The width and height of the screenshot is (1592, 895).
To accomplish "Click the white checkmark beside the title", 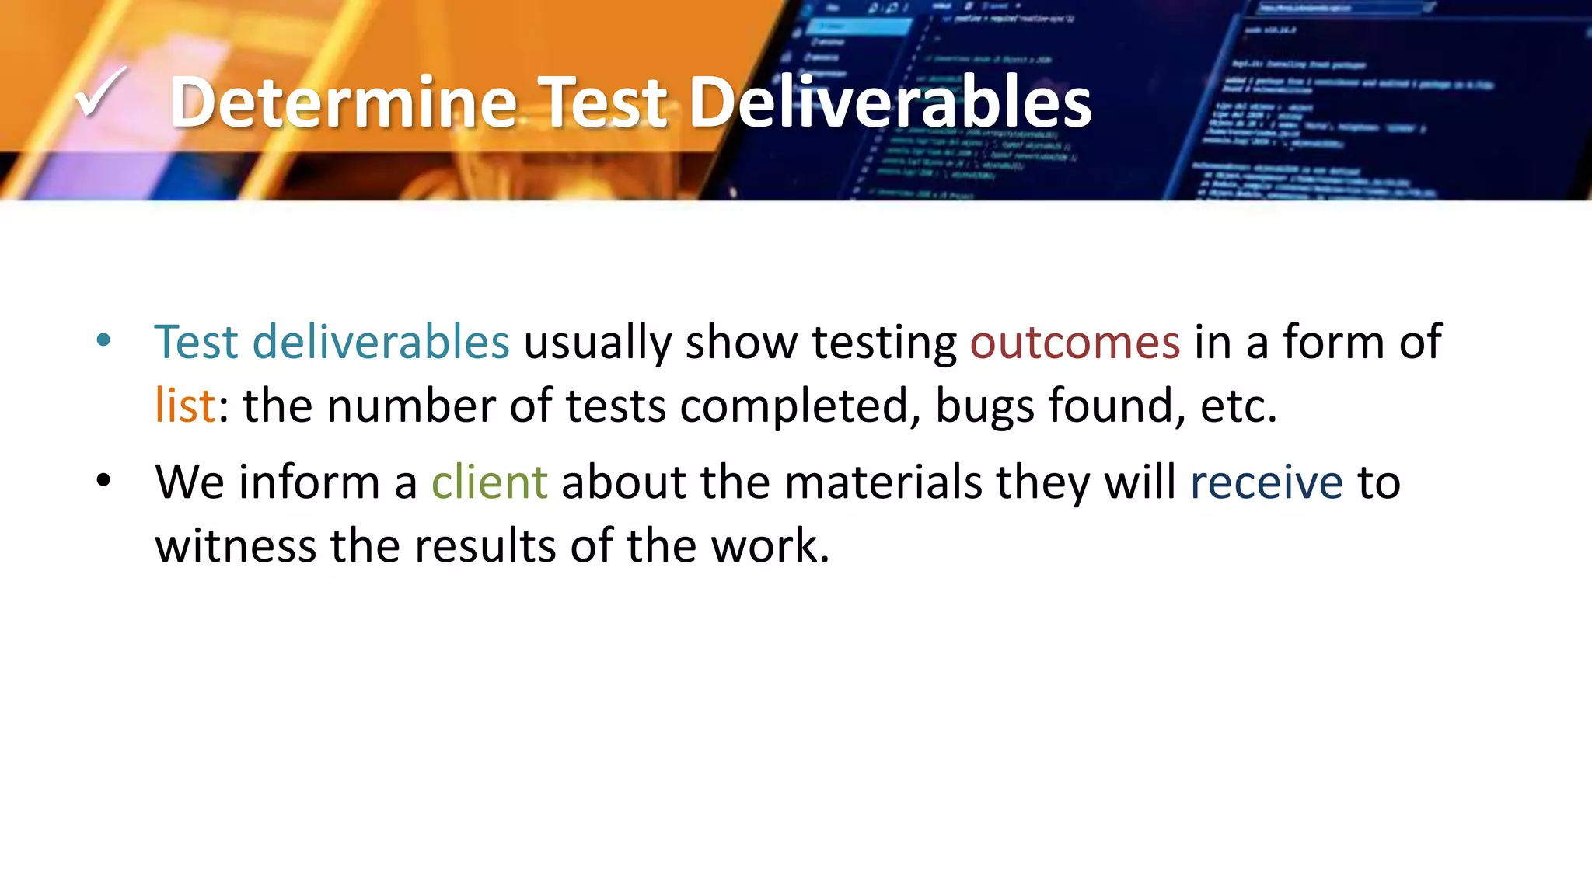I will point(99,94).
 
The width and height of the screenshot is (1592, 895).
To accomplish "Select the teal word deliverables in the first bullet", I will point(381,342).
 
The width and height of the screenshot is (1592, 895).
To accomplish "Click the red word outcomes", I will point(1074,342).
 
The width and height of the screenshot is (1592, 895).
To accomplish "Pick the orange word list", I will point(184,406).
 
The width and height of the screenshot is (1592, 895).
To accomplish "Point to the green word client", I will point(489,482).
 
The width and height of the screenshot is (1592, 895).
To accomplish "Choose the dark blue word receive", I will point(1266,482).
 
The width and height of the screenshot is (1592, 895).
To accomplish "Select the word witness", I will point(236,545).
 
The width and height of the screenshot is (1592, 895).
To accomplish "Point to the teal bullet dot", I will point(103,340).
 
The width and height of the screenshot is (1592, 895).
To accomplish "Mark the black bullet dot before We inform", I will point(103,481).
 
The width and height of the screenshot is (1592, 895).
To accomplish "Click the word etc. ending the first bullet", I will point(1238,406).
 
